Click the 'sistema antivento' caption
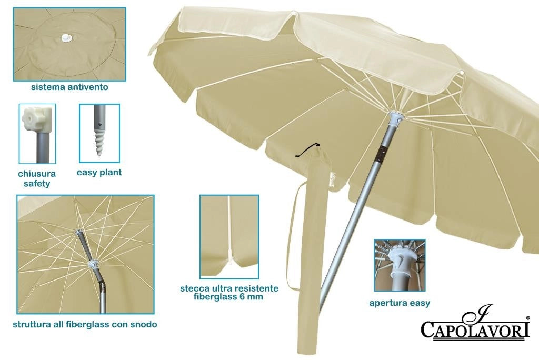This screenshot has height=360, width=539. coord(69,87)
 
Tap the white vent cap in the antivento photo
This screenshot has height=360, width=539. coord(66,37)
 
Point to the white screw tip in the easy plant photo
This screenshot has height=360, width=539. coord(98,143)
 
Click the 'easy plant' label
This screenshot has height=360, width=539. coord(99,172)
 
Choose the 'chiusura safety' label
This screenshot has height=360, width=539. coord(37,178)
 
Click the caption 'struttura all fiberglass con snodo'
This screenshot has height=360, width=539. coord(85,324)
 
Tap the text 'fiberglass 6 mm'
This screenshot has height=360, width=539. coord(228,296)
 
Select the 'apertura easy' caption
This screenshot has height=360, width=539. coord(400,303)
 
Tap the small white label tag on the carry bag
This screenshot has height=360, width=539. coord(333,179)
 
